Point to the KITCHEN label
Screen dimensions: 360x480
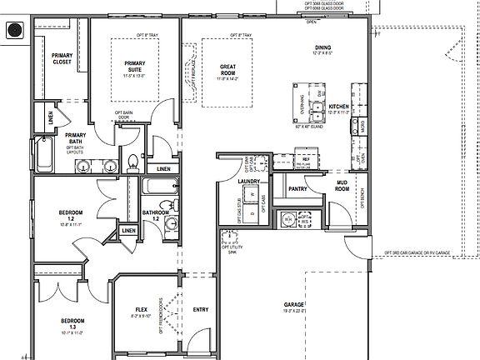[x=338, y=107]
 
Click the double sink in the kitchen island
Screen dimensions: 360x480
[x=317, y=107]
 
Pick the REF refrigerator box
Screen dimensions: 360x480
[x=306, y=158]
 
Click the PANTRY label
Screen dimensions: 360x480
[x=297, y=189]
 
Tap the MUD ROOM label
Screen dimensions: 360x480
[x=342, y=187]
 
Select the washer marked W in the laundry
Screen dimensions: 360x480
[x=252, y=195]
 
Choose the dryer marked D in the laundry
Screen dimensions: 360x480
[x=229, y=214]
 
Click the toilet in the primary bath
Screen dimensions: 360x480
[x=132, y=162]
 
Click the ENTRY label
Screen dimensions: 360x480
[x=200, y=310]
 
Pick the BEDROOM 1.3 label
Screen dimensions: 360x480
[x=72, y=323]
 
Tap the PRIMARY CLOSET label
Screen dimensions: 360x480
[x=62, y=58]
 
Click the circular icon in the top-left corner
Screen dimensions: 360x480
[x=13, y=31]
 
